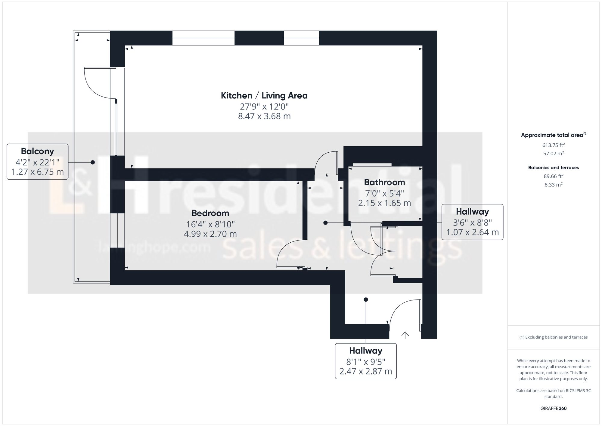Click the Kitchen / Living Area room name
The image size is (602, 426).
click(264, 96)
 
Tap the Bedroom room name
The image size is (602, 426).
click(210, 213)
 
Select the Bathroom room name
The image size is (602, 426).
click(384, 182)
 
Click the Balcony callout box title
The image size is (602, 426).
click(37, 151)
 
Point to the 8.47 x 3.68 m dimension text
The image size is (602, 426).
click(264, 116)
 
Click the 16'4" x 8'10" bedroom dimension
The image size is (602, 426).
click(210, 224)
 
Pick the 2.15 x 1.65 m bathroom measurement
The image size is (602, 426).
click(384, 203)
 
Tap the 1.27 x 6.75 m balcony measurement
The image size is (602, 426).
click(37, 172)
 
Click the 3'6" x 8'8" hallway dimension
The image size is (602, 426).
click(472, 222)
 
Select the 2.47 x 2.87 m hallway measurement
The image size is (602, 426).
click(365, 372)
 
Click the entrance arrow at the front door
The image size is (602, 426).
click(405, 335)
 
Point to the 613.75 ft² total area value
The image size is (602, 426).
click(553, 145)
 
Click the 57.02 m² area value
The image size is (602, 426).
click(553, 154)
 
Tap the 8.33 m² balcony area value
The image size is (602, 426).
click(553, 185)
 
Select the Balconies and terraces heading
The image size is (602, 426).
click(553, 168)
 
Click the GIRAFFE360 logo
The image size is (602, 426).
click(553, 409)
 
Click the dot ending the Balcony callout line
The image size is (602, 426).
click(93, 162)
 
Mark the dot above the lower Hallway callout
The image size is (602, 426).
click(366, 300)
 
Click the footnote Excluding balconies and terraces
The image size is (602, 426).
click(553, 337)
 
